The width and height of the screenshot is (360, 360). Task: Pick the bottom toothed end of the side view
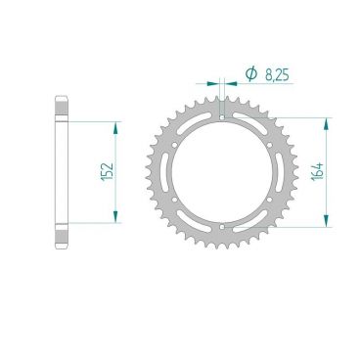click(x=60, y=239)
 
